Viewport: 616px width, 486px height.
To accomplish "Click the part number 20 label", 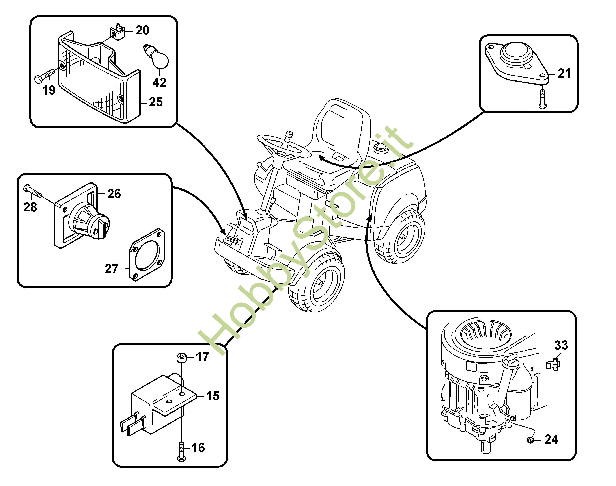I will (142, 30).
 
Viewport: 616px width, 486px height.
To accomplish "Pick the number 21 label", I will (564, 73).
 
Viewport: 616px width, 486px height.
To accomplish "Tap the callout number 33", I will (561, 345).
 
